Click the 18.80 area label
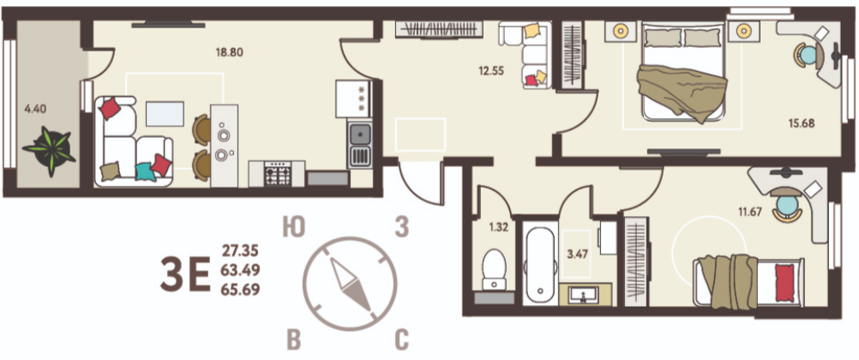pos(230,53)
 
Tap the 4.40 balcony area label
pos(36,109)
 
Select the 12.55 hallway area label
pos(490,70)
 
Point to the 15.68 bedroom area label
pos(802,123)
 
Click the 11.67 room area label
pos(749,212)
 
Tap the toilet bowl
pos(495,269)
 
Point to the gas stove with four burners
pos(277,174)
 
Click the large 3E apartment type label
pos(185,274)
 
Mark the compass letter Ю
pos(294,227)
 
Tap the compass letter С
pos(401,339)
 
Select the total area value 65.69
pos(240,289)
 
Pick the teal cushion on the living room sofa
pos(145,171)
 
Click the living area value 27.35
pos(240,251)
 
